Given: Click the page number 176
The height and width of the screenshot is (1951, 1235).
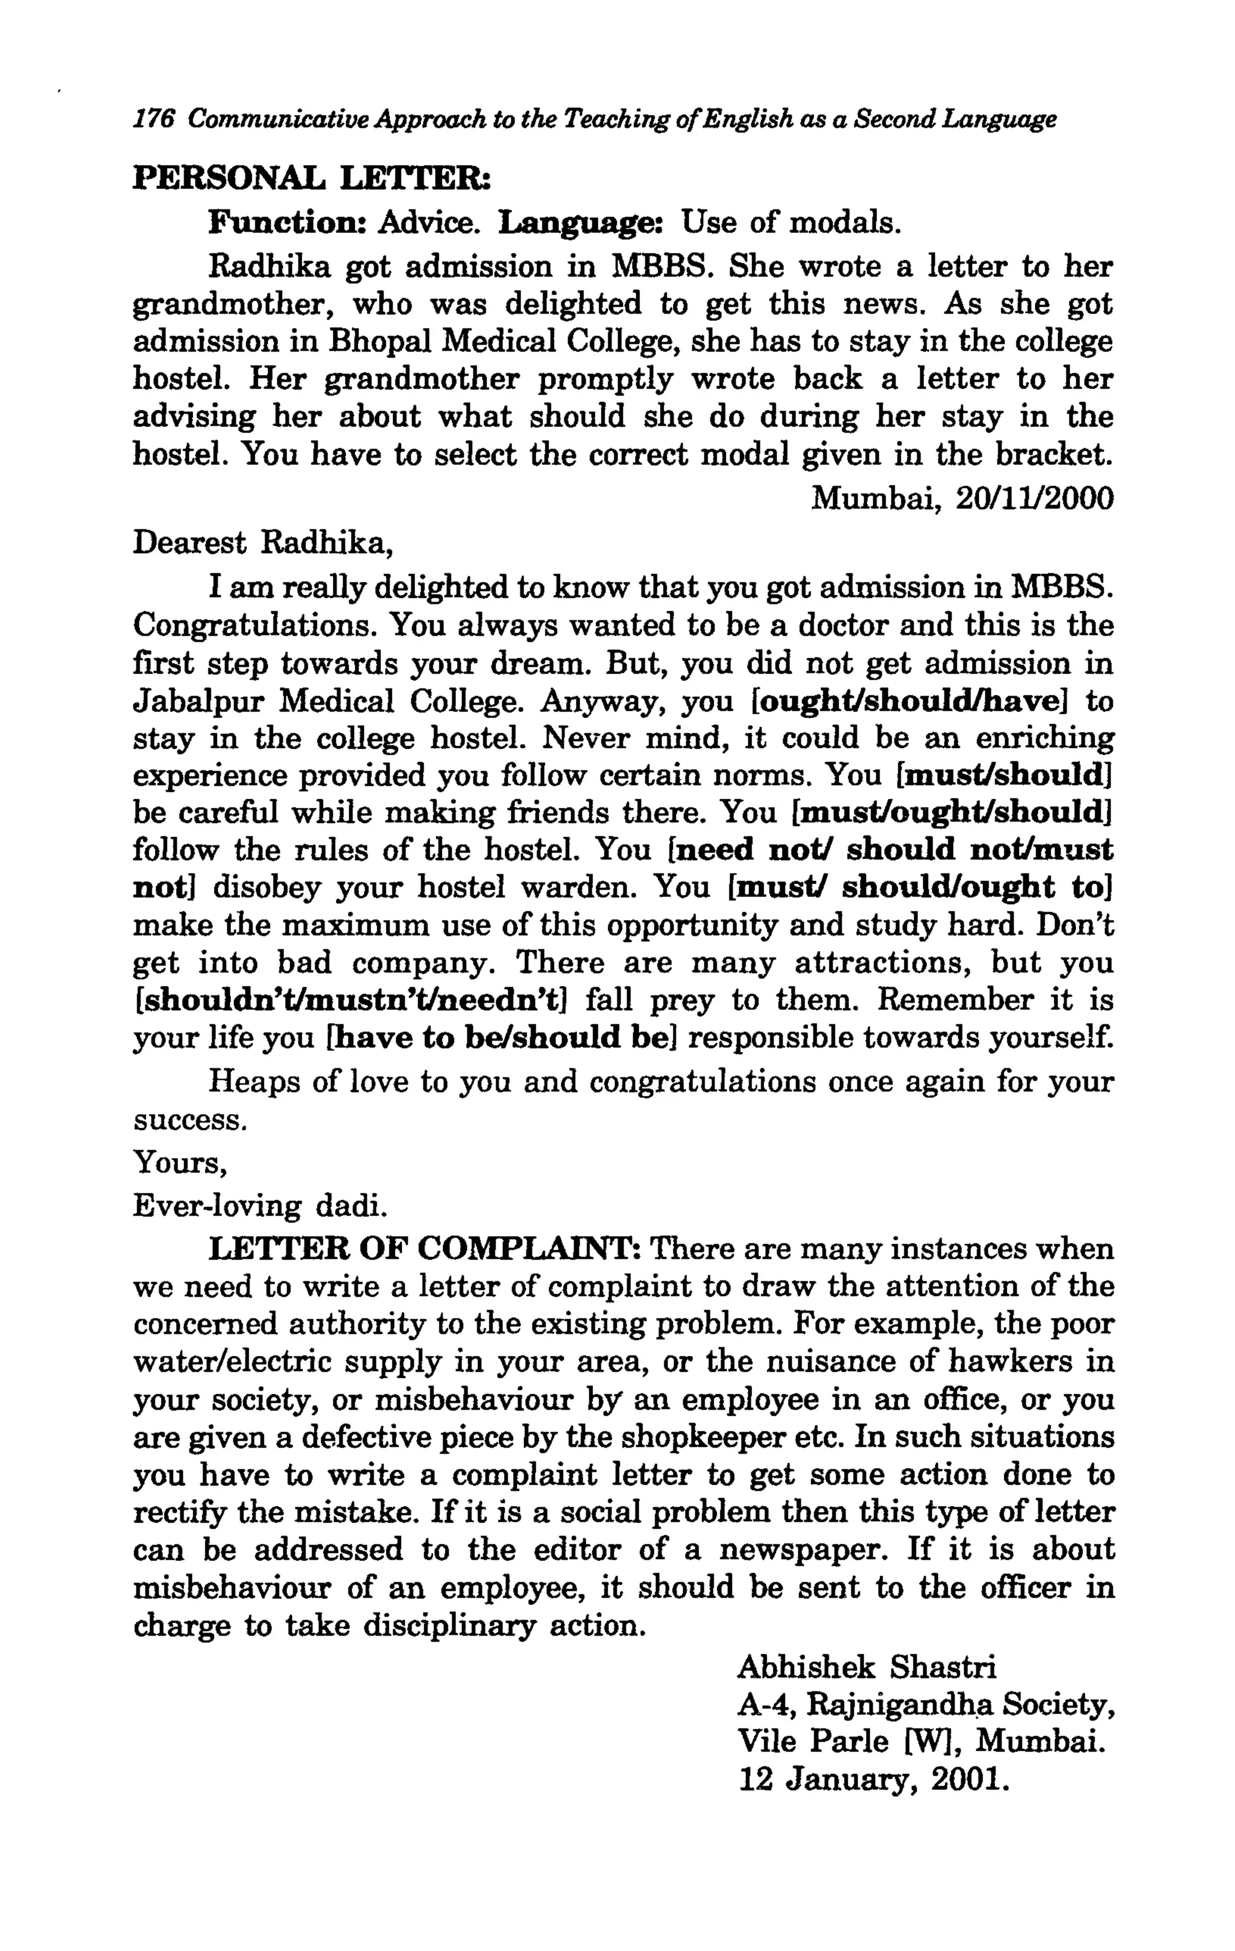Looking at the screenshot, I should pos(154,120).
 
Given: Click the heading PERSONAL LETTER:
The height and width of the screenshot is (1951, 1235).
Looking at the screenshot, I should pos(313,177).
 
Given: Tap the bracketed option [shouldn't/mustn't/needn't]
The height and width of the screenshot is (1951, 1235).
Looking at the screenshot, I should pos(350,1001).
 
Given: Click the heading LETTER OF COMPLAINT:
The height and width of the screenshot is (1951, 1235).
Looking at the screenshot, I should pos(426,1249).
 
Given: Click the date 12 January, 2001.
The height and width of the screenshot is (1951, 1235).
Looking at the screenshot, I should pos(874,1780).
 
